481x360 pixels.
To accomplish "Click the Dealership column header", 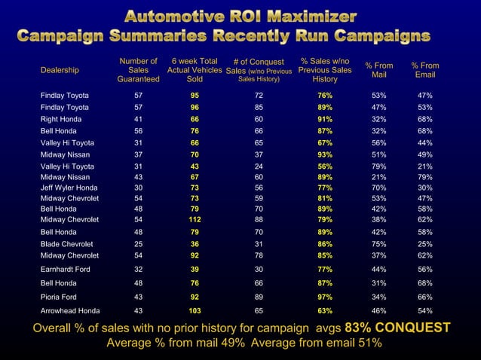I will point(60,70).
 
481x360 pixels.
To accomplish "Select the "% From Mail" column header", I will point(379,70).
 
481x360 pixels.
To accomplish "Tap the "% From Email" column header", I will point(425,70).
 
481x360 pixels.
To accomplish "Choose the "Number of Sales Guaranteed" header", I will point(138,70).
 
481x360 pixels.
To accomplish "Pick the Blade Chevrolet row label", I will point(67,244).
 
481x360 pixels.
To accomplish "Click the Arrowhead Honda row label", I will point(69,310).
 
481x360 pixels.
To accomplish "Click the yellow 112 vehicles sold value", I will point(195,219).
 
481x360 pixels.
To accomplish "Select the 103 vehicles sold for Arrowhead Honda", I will point(195,310).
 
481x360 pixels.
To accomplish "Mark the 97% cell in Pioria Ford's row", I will point(325,297).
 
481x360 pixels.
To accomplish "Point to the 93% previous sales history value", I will point(325,154).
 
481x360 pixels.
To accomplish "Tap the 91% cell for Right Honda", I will point(325,119).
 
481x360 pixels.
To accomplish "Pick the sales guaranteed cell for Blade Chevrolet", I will point(138,244).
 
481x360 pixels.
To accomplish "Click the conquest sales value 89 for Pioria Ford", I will point(259,297).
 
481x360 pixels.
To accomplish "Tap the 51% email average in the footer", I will point(369,343).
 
